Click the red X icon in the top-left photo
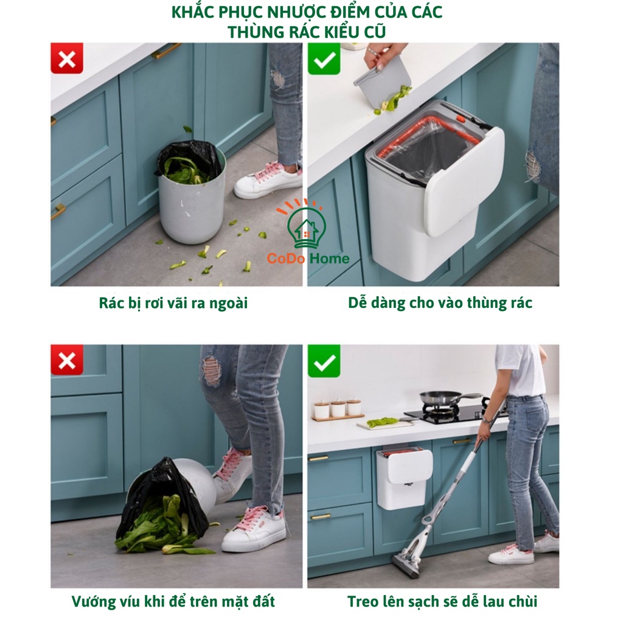point(67,58)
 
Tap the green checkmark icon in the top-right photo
point(324,59)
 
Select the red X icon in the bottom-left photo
point(67,360)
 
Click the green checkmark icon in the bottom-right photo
point(324,361)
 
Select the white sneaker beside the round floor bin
point(268,181)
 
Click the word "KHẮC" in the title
point(190,12)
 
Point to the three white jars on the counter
point(339,408)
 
